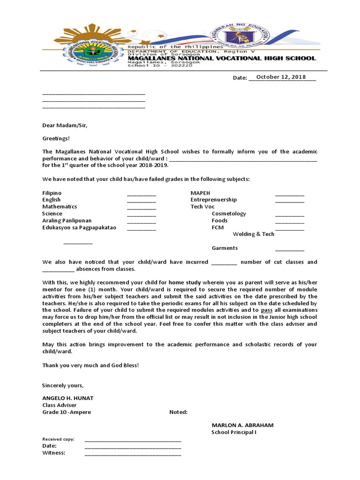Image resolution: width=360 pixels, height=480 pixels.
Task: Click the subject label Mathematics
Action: pyautogui.click(x=60, y=207)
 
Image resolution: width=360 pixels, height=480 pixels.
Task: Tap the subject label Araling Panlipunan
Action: pyautogui.click(x=67, y=220)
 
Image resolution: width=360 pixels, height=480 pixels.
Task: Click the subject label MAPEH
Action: pyautogui.click(x=200, y=193)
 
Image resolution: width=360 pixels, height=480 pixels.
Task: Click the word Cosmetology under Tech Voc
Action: pyautogui.click(x=229, y=214)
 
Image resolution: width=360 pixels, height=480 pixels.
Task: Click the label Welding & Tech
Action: pyautogui.click(x=254, y=234)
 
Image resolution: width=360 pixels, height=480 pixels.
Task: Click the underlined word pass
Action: pyautogui.click(x=267, y=310)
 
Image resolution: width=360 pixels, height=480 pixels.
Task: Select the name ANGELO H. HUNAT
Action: pyautogui.click(x=68, y=398)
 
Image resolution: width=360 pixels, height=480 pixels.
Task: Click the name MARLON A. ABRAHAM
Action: pyautogui.click(x=242, y=425)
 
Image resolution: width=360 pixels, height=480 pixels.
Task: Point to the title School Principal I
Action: pyautogui.click(x=234, y=432)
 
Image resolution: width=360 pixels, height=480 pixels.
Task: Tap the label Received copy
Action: pyautogui.click(x=58, y=439)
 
